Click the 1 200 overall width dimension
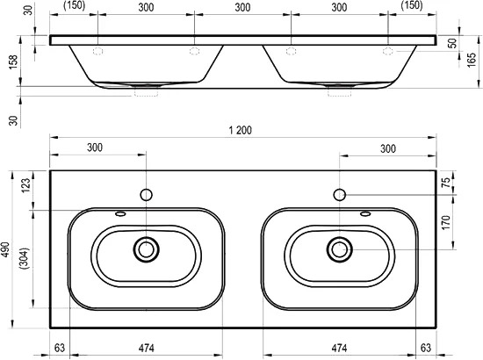coord(241,130)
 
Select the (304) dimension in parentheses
coord(25,258)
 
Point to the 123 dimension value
coord(25,185)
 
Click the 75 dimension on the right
coord(446,183)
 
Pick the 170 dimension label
coord(446,222)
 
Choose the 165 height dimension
coord(472,60)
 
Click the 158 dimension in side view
coord(13,61)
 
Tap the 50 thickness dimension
coord(452,43)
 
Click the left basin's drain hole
coord(146,249)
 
